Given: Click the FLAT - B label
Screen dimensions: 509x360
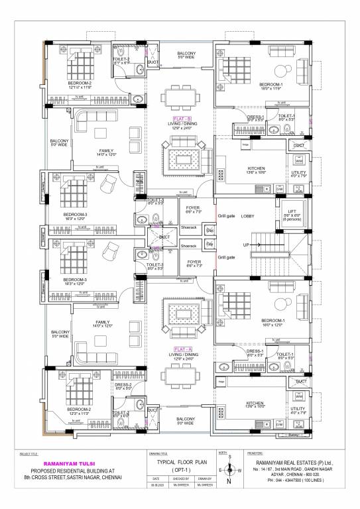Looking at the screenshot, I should (x=180, y=114).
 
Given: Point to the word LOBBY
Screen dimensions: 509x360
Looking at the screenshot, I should (x=247, y=216).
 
